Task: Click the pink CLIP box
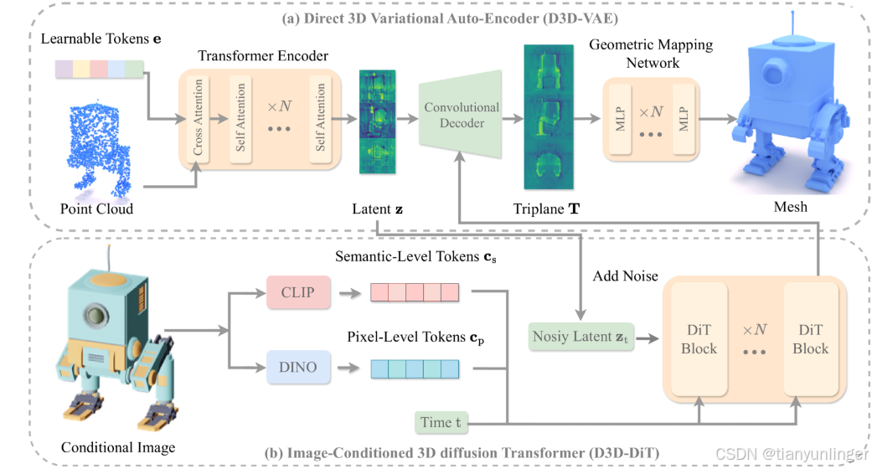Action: pos(297,293)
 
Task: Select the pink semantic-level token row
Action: pos(415,292)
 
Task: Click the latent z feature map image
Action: pos(375,121)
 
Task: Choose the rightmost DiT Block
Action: pos(810,339)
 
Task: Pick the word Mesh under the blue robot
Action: pos(790,206)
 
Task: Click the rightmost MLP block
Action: pos(684,120)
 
